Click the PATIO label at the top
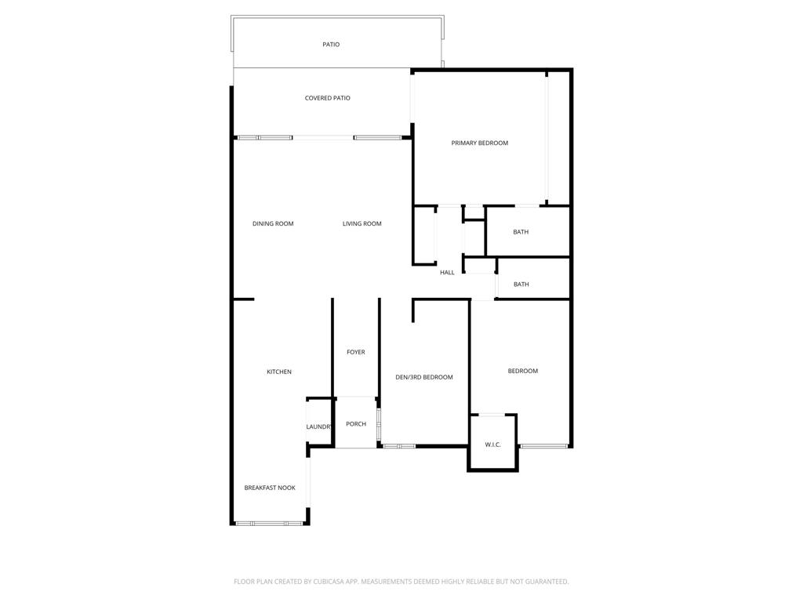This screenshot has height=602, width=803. [x=331, y=45]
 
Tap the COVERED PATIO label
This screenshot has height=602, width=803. [x=328, y=98]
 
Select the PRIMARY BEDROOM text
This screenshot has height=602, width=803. [x=480, y=143]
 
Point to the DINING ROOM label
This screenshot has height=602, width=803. [x=273, y=224]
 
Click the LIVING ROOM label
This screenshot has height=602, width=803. [x=362, y=224]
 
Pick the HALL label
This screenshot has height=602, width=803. [x=447, y=273]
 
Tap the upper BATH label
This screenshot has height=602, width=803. [x=521, y=232]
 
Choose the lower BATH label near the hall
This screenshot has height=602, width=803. [x=521, y=285]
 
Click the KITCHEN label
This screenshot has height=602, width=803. [x=279, y=372]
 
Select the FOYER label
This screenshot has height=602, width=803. [x=356, y=353]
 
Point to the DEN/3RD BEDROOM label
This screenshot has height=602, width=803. [x=424, y=378]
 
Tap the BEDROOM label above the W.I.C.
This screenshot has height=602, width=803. [x=523, y=371]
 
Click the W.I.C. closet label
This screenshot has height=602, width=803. [x=492, y=445]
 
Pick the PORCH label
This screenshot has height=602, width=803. [x=356, y=424]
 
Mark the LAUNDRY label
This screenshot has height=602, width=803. [x=319, y=426]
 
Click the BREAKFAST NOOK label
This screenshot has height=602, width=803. [x=270, y=488]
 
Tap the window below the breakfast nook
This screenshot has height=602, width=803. [x=270, y=523]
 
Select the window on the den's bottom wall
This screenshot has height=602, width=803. [x=399, y=446]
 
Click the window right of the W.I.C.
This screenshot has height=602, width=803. [x=543, y=446]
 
